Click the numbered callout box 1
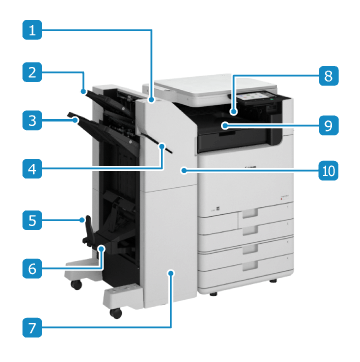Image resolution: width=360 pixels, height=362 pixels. pyautogui.click(x=32, y=30)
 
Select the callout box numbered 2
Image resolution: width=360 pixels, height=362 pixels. pyautogui.click(x=32, y=72)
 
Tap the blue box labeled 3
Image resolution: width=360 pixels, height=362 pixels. pyautogui.click(x=32, y=120)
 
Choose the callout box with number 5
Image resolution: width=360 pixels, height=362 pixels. pyautogui.click(x=32, y=220)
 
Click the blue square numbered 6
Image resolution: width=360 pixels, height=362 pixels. pyautogui.click(x=32, y=268)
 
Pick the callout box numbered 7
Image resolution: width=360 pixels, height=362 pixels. pyautogui.click(x=32, y=327)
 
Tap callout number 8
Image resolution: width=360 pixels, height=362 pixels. pyautogui.click(x=328, y=75)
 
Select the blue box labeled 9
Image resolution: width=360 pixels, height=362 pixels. pyautogui.click(x=328, y=125)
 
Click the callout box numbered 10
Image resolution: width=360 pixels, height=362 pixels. pyautogui.click(x=328, y=171)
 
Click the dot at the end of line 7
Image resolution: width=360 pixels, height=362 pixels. pyautogui.click(x=171, y=272)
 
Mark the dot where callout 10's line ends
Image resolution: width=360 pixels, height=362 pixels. pyautogui.click(x=183, y=171)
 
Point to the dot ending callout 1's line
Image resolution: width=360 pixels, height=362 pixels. pyautogui.click(x=152, y=99)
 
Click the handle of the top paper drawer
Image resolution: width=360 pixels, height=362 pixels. pyautogui.click(x=250, y=213)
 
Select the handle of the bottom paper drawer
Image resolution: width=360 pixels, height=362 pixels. pyautogui.click(x=250, y=265)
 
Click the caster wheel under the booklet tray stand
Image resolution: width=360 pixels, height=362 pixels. pyautogui.click(x=76, y=285)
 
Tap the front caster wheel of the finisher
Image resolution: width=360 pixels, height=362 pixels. pyautogui.click(x=116, y=313)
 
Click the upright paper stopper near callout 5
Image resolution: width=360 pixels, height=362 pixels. pyautogui.click(x=88, y=227)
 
